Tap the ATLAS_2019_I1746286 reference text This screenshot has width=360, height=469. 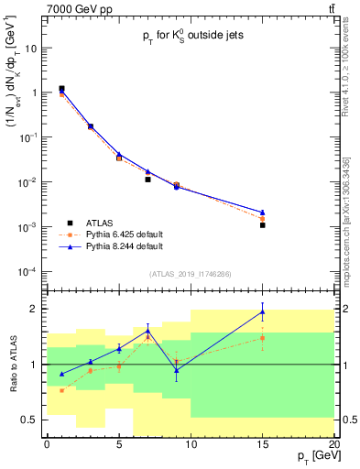pyautogui.click(x=190, y=274)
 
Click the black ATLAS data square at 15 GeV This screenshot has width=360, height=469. pyautogui.click(x=262, y=224)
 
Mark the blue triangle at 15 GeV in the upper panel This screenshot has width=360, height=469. pyautogui.click(x=262, y=212)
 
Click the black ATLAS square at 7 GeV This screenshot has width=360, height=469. pyautogui.click(x=147, y=180)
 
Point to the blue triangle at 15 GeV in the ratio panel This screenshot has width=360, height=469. pyautogui.click(x=262, y=311)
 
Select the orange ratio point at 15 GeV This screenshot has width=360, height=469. pyautogui.click(x=262, y=338)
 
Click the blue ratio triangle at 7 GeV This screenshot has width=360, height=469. pyautogui.click(x=147, y=331)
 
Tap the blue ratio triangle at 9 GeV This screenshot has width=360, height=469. pyautogui.click(x=176, y=369)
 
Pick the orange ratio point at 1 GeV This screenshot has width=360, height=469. pyautogui.click(x=61, y=390)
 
